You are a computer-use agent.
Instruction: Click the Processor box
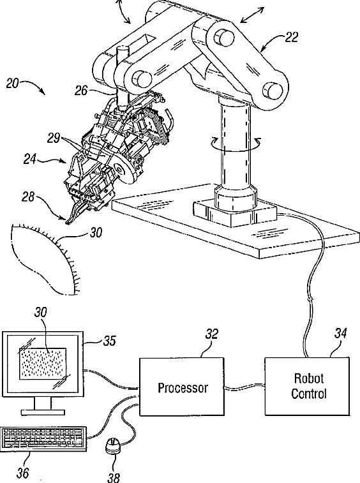(182, 387)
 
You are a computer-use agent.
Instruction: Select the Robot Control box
(307, 386)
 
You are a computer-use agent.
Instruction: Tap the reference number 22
(291, 37)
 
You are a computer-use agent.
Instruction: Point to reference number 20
(13, 84)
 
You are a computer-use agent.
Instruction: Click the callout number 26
(81, 91)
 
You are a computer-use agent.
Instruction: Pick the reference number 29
(54, 138)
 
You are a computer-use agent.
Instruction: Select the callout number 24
(30, 160)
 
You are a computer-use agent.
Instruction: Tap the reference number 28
(28, 197)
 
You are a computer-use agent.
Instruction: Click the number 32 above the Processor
(212, 334)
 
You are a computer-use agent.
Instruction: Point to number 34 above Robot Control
(340, 333)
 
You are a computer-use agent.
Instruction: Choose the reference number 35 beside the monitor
(109, 341)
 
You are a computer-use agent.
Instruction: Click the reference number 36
(22, 473)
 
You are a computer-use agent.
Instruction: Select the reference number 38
(114, 477)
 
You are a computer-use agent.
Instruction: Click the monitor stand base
(43, 412)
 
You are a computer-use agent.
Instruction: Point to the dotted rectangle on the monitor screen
(43, 364)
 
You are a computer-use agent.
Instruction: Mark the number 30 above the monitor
(40, 313)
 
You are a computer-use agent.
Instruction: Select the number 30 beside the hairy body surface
(96, 232)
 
